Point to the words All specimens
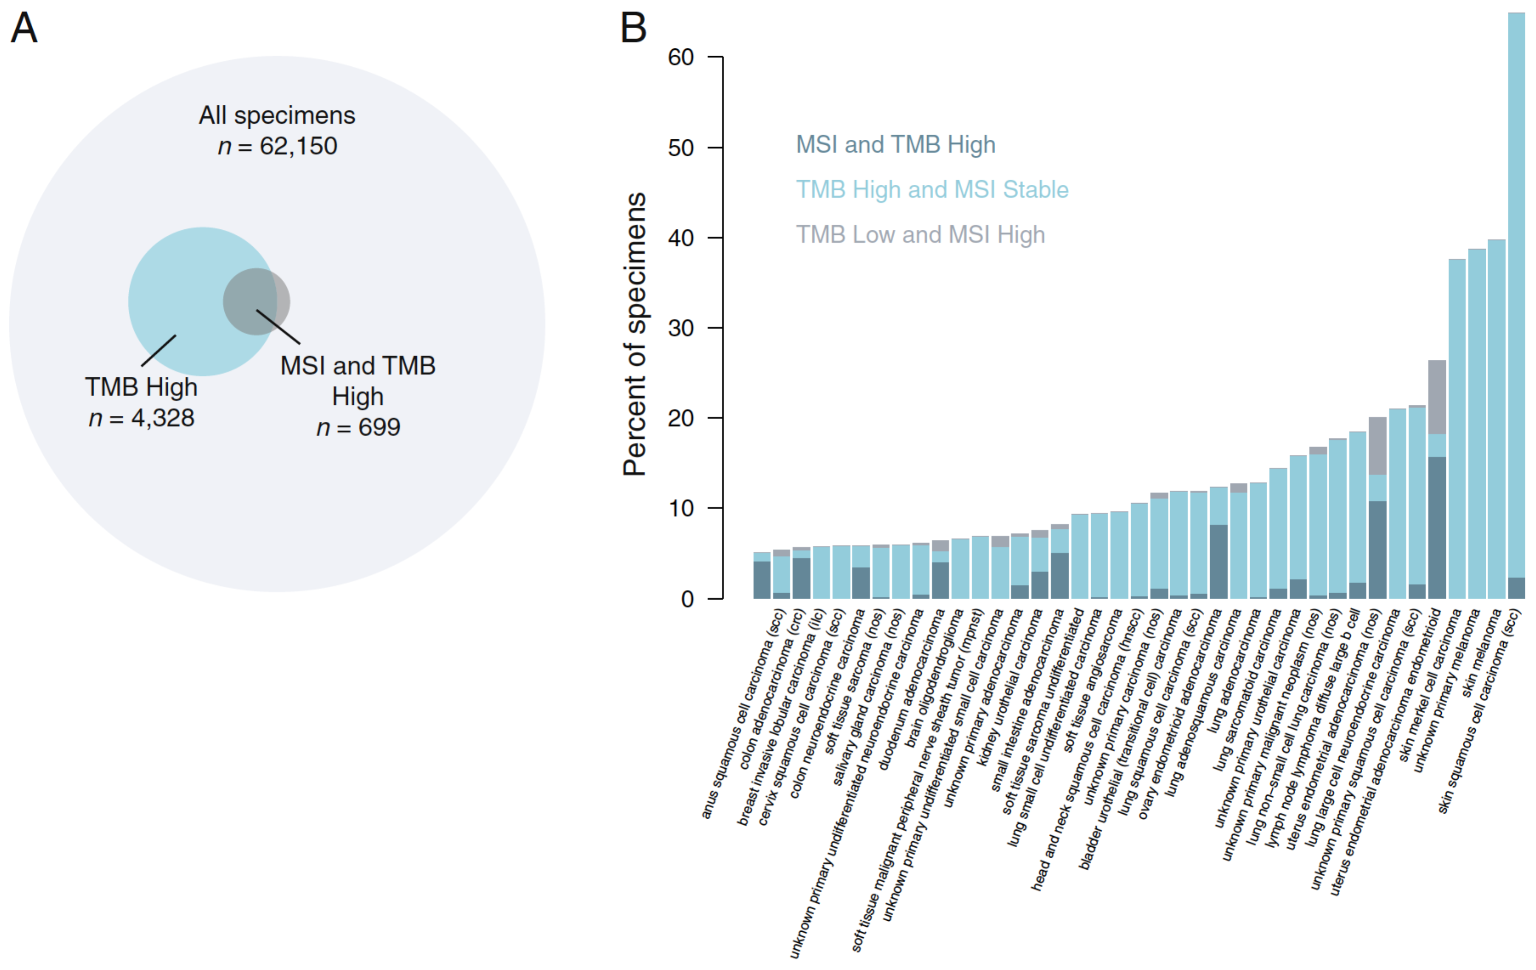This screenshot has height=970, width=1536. [277, 116]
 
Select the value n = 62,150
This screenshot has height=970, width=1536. [277, 146]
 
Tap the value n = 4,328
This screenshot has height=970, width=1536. [141, 418]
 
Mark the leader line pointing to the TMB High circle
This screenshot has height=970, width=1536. [158, 351]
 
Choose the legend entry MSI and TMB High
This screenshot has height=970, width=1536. [895, 145]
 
